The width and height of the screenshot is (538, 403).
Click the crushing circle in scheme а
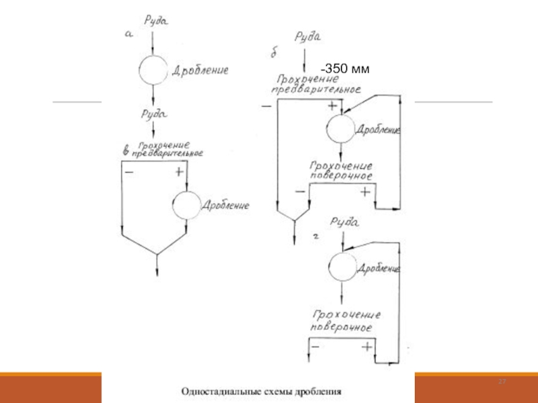(x=153, y=68)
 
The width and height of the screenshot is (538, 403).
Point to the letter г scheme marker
(x=316, y=236)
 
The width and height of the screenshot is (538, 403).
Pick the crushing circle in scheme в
(x=186, y=205)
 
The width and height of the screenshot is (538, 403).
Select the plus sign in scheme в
(x=179, y=172)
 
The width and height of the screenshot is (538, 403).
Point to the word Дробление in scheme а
(x=200, y=70)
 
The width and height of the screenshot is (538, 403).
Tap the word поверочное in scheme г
(x=341, y=327)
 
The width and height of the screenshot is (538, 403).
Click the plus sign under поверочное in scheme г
(x=367, y=347)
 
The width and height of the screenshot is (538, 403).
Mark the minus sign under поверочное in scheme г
(x=315, y=347)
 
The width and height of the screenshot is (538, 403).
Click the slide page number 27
(x=501, y=382)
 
